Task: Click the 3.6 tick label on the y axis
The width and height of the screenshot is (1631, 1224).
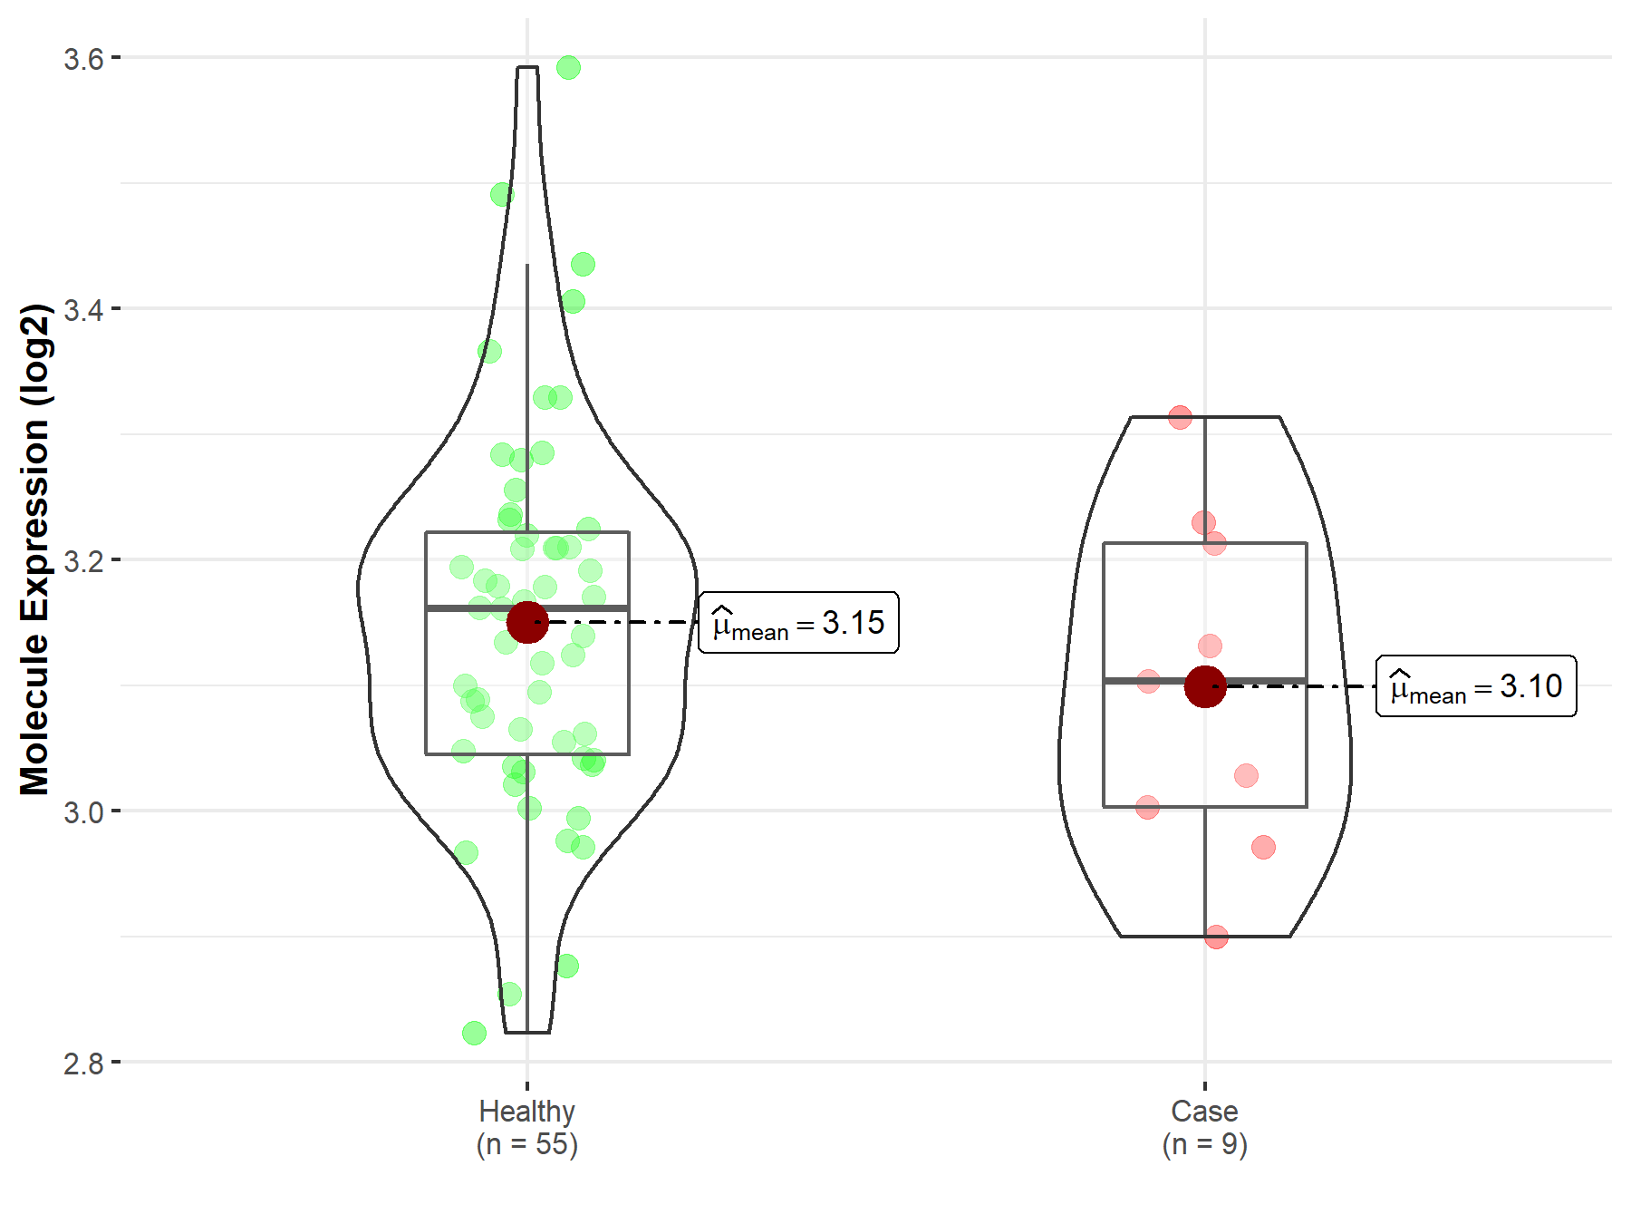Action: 83,59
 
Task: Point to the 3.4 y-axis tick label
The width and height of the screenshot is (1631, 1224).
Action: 83,309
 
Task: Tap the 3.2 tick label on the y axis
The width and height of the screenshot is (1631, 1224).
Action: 83,560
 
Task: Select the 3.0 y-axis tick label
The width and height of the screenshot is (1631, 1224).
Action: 83,811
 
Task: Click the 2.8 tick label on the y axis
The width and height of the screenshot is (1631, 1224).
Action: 83,1063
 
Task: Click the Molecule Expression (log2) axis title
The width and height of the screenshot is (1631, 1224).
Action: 34,549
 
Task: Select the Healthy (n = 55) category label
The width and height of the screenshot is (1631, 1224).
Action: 527,1127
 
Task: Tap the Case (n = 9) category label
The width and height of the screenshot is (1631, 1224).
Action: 1205,1127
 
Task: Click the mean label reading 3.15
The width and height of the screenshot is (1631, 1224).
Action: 798,623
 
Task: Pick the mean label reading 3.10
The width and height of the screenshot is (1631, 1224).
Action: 1476,686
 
